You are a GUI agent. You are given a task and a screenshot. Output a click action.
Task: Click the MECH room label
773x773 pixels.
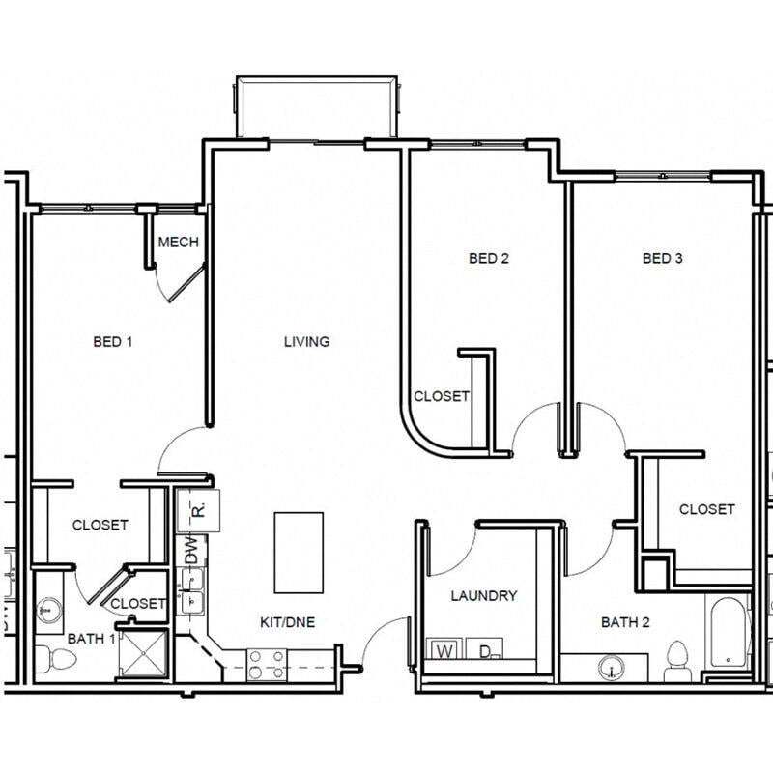click(178, 242)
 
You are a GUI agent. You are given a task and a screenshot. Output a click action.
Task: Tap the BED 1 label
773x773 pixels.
click(113, 341)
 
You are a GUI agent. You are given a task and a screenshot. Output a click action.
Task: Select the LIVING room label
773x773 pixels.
click(306, 341)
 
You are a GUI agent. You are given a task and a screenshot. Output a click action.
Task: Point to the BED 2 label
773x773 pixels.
click(488, 258)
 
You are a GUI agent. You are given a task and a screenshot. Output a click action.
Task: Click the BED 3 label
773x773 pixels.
click(663, 258)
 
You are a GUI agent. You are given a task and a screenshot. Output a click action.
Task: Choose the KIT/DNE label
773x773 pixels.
click(288, 621)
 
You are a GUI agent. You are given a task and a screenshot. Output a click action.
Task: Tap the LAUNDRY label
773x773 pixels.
click(484, 596)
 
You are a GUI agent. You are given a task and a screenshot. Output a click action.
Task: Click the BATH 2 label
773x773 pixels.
click(625, 622)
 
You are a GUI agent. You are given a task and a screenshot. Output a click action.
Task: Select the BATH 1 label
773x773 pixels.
click(91, 639)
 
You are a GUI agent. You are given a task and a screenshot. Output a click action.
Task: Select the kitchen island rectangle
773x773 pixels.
click(299, 552)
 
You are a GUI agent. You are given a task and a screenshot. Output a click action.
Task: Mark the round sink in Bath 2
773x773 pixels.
click(610, 667)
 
